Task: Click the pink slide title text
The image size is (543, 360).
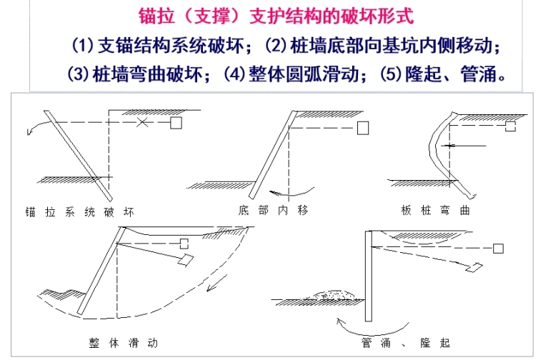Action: tap(276, 16)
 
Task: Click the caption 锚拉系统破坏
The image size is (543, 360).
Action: tap(79, 212)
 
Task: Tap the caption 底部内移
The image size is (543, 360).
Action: tap(273, 210)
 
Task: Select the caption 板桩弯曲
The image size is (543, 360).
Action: tap(435, 210)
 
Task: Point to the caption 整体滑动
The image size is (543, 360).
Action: tap(124, 343)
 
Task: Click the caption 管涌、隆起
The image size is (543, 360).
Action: tap(406, 343)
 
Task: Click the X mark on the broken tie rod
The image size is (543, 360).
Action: tap(142, 122)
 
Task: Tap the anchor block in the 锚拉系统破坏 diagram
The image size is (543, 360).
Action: tap(176, 123)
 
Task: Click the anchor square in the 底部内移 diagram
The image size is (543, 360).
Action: tap(363, 128)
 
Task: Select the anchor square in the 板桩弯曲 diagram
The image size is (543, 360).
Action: tap(510, 126)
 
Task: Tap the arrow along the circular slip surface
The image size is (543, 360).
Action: tap(217, 283)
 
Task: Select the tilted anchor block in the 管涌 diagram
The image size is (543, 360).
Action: tap(474, 267)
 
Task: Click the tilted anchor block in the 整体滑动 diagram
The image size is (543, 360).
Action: tap(185, 260)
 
